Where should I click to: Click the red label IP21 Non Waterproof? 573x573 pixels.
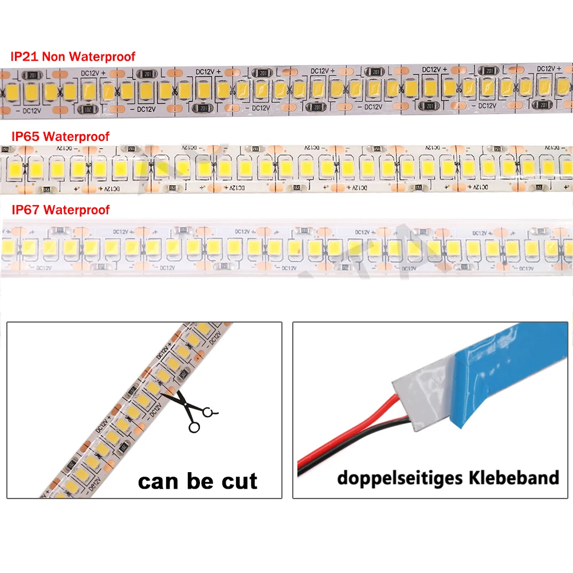73,56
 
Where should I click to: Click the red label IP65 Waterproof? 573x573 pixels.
60,136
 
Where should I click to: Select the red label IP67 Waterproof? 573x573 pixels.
60,210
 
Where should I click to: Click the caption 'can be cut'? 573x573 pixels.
198,480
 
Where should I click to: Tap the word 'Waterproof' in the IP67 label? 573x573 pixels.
76,210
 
